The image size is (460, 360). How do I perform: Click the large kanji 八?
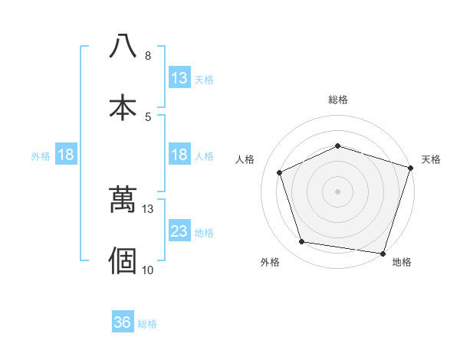123,46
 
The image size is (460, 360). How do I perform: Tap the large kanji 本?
123,106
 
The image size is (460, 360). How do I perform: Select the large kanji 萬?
123,200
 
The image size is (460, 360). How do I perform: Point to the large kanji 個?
123,260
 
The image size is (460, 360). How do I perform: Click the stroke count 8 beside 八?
148,56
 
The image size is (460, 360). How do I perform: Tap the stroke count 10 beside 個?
148,270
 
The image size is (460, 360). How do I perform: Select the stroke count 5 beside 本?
148,116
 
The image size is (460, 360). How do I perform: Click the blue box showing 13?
179,78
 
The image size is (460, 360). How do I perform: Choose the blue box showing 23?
179,231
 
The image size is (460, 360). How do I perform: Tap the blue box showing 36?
123,323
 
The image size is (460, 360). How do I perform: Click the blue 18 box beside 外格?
66,155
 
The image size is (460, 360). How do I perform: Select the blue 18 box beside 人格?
179,155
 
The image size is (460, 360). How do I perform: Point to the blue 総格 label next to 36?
147,324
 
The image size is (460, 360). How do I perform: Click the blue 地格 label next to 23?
204,232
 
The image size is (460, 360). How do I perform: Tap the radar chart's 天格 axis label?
431,159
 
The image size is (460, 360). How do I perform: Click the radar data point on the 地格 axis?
383,253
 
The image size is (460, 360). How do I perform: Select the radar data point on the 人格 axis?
280,172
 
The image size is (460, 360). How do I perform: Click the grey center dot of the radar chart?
337,191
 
